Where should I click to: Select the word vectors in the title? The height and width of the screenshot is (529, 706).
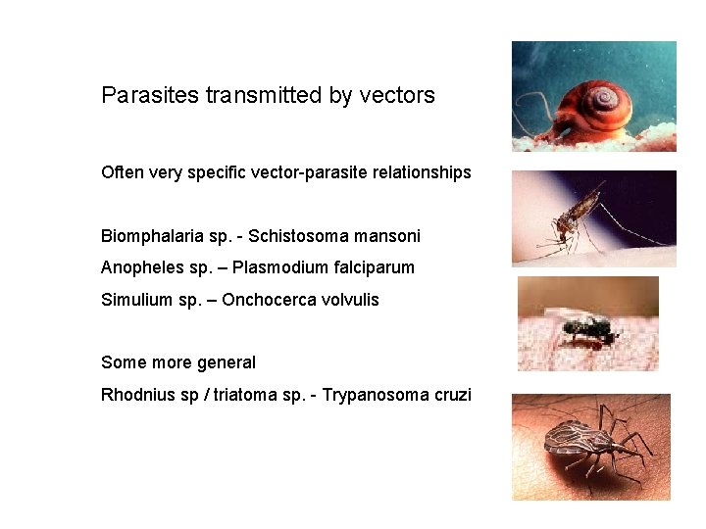[x=397, y=96]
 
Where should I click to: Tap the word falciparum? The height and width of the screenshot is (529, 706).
[x=374, y=267]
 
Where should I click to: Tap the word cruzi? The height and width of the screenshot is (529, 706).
[x=452, y=395]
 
